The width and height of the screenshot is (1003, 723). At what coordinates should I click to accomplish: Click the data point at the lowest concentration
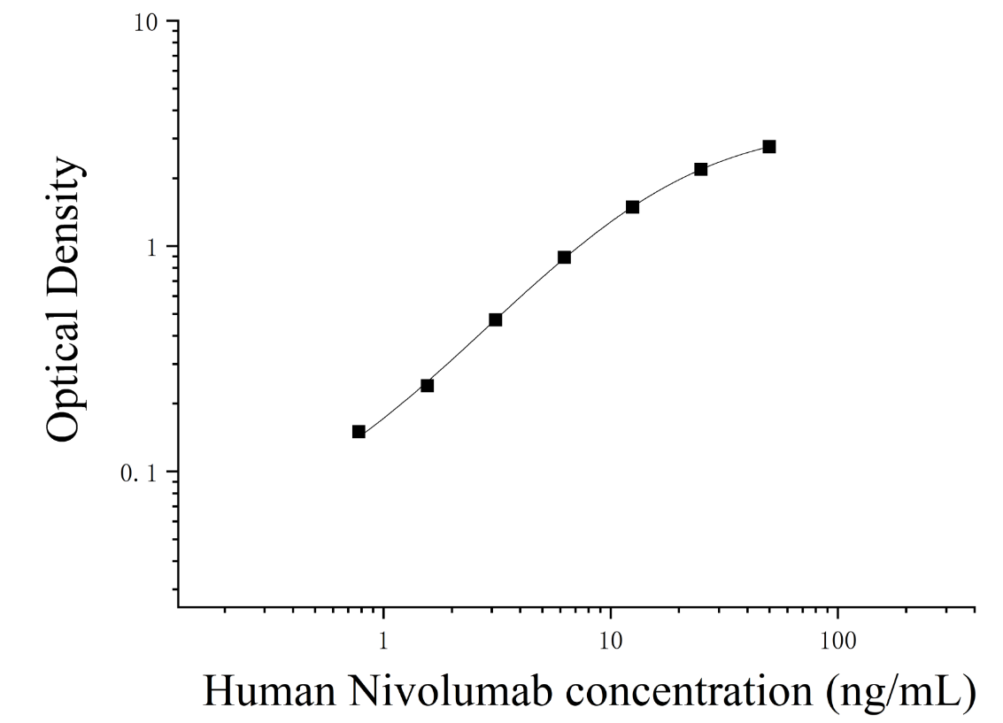point(359,432)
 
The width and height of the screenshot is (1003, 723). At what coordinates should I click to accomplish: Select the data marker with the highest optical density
point(769,147)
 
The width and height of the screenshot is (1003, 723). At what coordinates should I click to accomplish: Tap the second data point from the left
point(428,386)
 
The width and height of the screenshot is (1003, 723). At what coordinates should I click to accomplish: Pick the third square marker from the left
point(495,319)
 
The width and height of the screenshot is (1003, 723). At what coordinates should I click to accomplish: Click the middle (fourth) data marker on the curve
point(564,258)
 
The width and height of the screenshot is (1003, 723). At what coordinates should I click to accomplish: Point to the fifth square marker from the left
point(633,207)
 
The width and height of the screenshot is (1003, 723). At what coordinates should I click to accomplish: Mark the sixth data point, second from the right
point(701,169)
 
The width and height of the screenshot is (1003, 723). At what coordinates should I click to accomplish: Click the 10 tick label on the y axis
point(146,23)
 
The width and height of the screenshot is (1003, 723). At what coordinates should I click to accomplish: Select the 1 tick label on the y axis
point(151,248)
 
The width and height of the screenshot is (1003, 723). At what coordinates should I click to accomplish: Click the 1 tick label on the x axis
point(383,641)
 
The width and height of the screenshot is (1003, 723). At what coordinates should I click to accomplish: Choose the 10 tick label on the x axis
point(611,641)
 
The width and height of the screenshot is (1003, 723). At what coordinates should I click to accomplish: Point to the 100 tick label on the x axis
point(838,641)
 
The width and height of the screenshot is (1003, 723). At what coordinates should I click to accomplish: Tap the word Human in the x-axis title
point(269,692)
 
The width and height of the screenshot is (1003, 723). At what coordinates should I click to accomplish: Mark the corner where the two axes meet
point(178,606)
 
